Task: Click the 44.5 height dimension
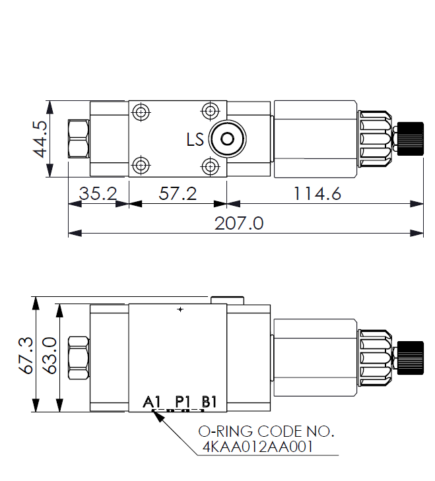pyautogui.click(x=40, y=139)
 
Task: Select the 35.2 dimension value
pyautogui.click(x=98, y=193)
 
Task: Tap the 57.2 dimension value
pyautogui.click(x=178, y=193)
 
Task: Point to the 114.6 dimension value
pyautogui.click(x=317, y=193)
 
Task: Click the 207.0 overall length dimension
pyautogui.click(x=239, y=223)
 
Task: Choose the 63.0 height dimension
pyautogui.click(x=50, y=355)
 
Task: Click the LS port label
pyautogui.click(x=195, y=139)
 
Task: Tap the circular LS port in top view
pyautogui.click(x=227, y=139)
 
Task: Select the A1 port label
pyautogui.click(x=152, y=402)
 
